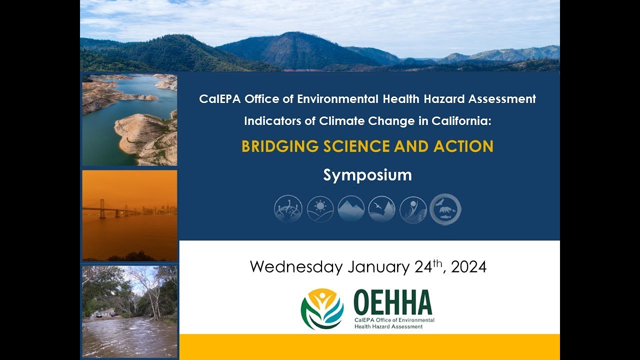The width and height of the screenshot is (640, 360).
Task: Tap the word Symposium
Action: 367,175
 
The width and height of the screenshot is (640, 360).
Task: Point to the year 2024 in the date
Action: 468,267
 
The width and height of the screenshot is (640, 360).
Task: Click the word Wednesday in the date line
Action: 295,267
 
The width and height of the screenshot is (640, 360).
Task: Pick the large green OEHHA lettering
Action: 392,302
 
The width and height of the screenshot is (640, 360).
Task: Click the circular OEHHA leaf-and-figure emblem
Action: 322,309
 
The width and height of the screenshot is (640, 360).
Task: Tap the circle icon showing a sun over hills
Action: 320,209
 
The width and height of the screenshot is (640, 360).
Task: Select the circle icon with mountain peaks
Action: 351,209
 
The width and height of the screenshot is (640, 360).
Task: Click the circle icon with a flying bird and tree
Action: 382,209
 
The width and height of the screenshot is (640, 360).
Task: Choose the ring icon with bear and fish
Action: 445,209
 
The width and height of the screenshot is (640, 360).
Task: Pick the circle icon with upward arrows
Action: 288,209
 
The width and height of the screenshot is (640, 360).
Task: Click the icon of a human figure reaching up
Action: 413,209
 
